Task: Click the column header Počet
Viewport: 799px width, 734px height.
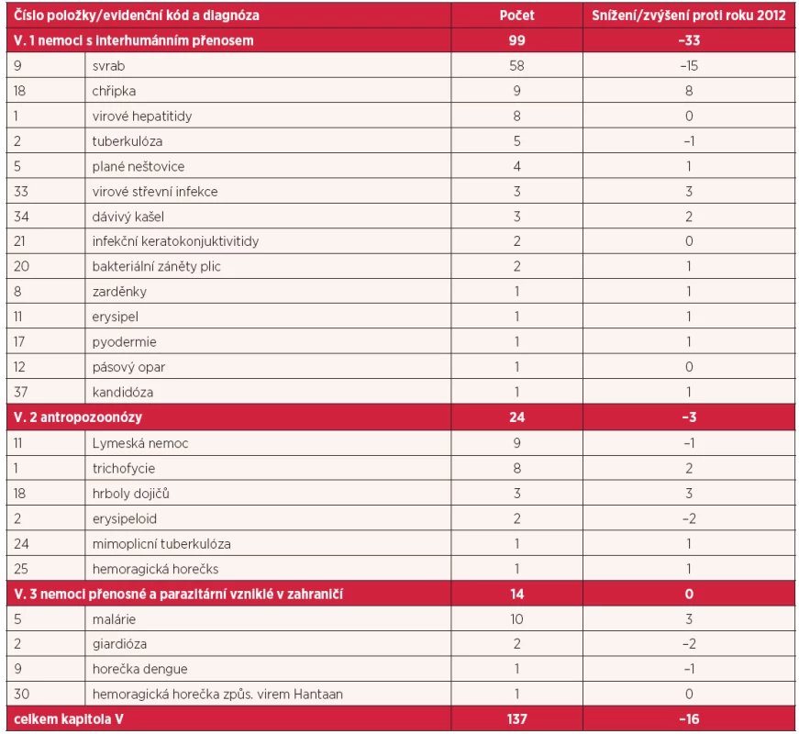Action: pyautogui.click(x=516, y=16)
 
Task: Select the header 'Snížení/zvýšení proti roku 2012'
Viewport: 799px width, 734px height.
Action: pyautogui.click(x=689, y=16)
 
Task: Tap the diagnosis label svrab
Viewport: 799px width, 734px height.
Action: pyautogui.click(x=108, y=66)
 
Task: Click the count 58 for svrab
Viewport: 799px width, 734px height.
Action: pyautogui.click(x=516, y=66)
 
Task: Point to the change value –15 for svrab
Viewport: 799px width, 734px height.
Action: pyautogui.click(x=689, y=66)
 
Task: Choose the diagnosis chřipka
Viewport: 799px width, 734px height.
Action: pyautogui.click(x=114, y=91)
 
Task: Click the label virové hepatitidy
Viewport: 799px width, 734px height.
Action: pyautogui.click(x=142, y=117)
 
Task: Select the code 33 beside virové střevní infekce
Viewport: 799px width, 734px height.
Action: pyautogui.click(x=21, y=192)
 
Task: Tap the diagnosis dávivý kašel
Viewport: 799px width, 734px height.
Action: pyautogui.click(x=128, y=217)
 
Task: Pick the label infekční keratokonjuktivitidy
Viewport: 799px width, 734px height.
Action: pyautogui.click(x=175, y=241)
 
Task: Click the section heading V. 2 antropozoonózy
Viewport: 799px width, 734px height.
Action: pyautogui.click(x=78, y=417)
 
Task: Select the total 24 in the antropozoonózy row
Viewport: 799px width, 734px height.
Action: pyautogui.click(x=516, y=417)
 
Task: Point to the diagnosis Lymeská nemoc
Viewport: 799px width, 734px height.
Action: pyautogui.click(x=140, y=443)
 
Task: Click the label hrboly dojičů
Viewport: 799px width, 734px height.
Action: pyautogui.click(x=130, y=494)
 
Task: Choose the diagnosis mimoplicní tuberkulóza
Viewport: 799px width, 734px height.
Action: pyautogui.click(x=161, y=544)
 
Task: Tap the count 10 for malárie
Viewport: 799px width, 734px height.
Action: pyautogui.click(x=516, y=619)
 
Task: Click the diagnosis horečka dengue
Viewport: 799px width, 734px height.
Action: pyautogui.click(x=139, y=669)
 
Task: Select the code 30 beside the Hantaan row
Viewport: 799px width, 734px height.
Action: pyautogui.click(x=21, y=694)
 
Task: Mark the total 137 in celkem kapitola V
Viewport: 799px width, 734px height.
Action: pyautogui.click(x=516, y=719)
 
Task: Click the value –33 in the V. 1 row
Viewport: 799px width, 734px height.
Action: pyautogui.click(x=689, y=40)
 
